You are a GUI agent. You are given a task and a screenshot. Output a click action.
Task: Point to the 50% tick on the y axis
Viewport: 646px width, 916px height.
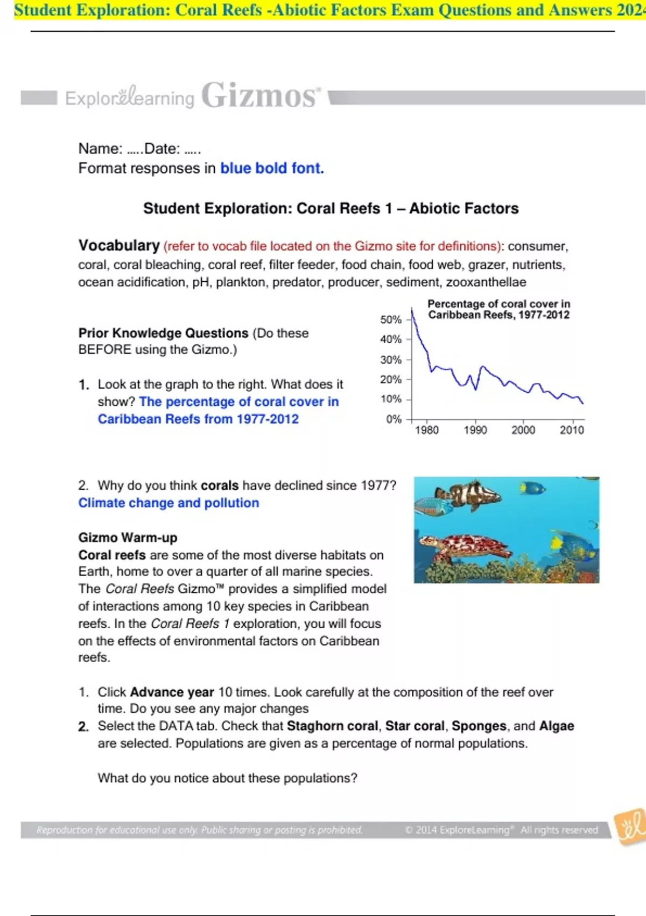tap(391, 320)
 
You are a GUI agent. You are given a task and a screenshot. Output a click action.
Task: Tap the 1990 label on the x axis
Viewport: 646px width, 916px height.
tap(475, 430)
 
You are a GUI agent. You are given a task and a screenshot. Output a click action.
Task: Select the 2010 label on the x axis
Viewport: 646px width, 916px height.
tap(572, 430)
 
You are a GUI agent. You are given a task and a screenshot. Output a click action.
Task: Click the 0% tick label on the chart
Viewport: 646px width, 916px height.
tap(394, 419)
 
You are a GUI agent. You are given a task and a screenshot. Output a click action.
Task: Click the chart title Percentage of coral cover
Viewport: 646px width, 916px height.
tap(498, 309)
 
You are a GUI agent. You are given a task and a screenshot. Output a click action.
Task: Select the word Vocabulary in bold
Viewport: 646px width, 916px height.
tap(119, 246)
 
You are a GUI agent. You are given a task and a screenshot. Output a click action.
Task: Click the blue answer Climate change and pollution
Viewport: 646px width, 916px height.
tap(168, 503)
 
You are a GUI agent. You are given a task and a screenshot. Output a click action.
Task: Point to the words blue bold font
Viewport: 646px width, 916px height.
tap(272, 168)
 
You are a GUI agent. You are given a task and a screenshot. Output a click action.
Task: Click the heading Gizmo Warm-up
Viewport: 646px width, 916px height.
tap(128, 537)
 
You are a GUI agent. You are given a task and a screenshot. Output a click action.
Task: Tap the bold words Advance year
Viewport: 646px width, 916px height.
tap(172, 692)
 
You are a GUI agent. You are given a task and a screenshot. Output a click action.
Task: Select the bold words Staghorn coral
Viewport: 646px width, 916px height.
tap(332, 726)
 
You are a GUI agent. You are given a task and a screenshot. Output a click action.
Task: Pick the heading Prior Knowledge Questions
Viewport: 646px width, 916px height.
tap(163, 333)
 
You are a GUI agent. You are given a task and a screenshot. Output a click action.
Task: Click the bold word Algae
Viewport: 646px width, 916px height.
tap(556, 726)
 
